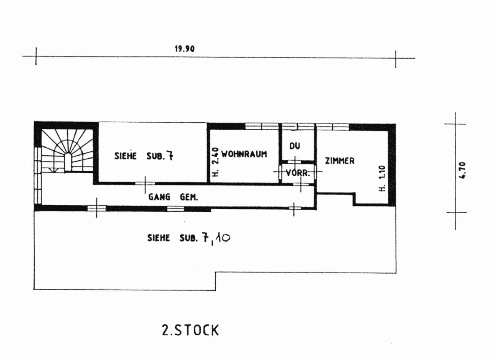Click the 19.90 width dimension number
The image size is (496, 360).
(184, 49)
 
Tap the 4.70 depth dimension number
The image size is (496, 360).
(462, 170)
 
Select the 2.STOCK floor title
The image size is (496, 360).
(190, 330)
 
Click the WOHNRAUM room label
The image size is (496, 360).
(244, 154)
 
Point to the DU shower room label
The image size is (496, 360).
(294, 146)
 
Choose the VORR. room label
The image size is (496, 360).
(298, 173)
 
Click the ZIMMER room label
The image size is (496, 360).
(340, 161)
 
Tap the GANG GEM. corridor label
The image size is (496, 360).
(173, 197)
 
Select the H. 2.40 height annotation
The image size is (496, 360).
(215, 162)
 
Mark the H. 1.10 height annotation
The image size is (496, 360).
(382, 179)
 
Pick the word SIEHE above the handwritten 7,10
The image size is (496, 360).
(159, 238)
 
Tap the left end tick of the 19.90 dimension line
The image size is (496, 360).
(36, 57)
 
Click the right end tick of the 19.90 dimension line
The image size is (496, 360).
(395, 59)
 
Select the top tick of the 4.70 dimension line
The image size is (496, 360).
(455, 124)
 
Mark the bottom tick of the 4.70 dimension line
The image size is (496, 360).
(456, 212)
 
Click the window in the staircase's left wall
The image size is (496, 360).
(38, 175)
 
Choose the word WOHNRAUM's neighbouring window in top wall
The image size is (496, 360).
(262, 127)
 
